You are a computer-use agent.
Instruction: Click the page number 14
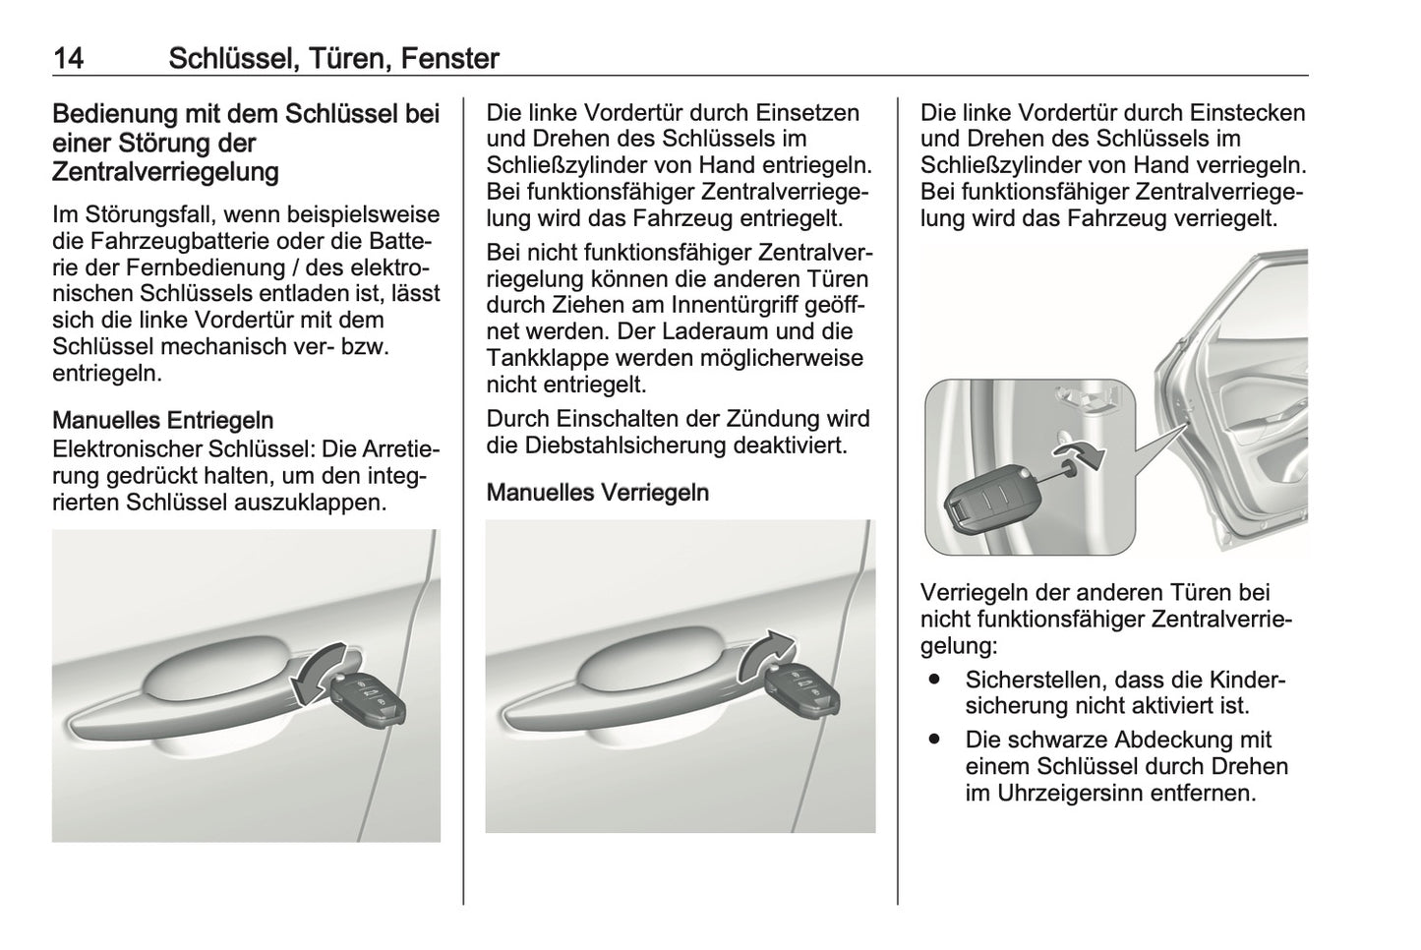(68, 59)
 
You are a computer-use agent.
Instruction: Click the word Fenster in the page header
(450, 59)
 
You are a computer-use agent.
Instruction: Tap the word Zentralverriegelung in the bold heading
(165, 173)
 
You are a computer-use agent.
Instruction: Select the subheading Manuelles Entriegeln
(162, 421)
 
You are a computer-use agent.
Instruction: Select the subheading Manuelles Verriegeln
(597, 492)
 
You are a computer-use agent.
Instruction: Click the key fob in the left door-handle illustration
(368, 700)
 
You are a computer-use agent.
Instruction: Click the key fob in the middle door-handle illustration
(801, 688)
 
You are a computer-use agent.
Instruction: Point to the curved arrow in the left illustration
(321, 672)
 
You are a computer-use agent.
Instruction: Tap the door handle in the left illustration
(187, 693)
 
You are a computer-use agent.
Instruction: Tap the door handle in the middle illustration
(629, 683)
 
